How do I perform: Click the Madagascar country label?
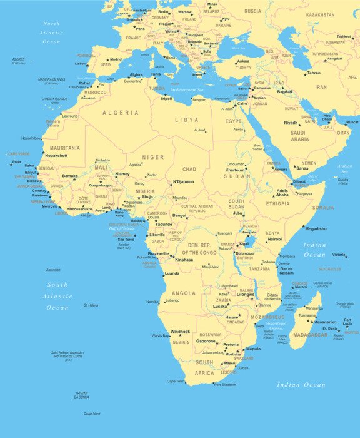point(311,335)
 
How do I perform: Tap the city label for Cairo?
point(242,103)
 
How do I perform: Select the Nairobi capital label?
point(274,239)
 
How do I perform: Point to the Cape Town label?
point(175,381)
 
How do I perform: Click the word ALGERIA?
point(121,113)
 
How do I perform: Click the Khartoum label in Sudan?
point(235,170)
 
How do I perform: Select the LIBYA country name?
point(186,120)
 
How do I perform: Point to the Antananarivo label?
point(324,322)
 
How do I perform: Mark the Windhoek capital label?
point(180,332)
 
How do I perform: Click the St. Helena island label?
point(91,305)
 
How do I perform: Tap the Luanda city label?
point(171,274)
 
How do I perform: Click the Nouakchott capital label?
point(56,155)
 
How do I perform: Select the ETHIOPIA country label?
point(277,203)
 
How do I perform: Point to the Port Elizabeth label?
point(225,385)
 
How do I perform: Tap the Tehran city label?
point(314,73)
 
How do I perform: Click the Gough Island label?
point(92,414)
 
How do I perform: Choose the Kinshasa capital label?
point(184,259)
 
